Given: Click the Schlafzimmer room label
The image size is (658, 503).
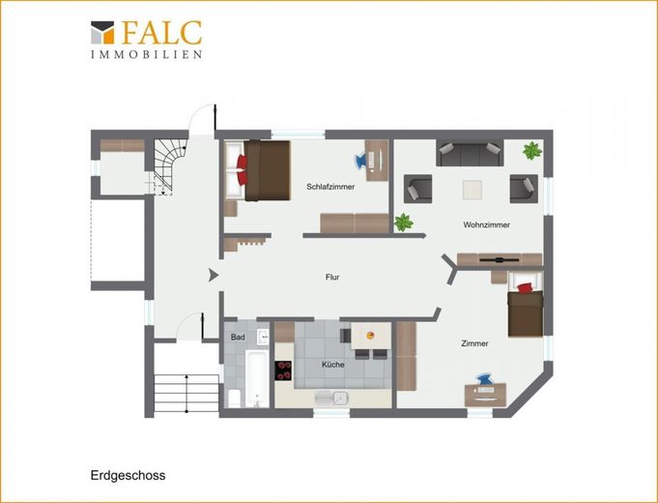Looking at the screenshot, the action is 330,187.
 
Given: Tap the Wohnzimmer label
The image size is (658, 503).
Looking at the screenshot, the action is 486,224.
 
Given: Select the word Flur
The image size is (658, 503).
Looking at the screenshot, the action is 332,277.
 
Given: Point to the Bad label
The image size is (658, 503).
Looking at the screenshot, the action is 238,337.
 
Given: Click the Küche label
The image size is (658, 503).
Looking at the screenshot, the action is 333,365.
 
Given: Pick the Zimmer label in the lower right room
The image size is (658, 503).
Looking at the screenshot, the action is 474,343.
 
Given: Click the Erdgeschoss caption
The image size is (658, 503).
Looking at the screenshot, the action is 128,475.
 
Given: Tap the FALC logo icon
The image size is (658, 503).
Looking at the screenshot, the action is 102,32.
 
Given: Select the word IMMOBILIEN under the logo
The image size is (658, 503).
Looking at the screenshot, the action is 147,54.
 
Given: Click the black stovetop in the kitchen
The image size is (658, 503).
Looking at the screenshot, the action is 283,370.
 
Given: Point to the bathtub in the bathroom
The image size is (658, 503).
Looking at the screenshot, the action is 256,379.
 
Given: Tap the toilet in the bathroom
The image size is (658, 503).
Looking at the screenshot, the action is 234,399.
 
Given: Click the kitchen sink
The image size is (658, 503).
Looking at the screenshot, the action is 332,399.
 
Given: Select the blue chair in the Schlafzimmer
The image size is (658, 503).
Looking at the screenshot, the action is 361,161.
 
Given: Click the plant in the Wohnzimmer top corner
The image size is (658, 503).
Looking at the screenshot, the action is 532,151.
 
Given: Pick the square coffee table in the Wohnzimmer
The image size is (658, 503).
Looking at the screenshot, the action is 472,190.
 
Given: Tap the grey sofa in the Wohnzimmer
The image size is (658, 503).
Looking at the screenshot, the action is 470,154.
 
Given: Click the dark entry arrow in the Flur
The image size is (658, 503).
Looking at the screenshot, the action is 214,276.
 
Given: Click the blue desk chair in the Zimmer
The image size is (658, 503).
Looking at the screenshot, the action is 485,379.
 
